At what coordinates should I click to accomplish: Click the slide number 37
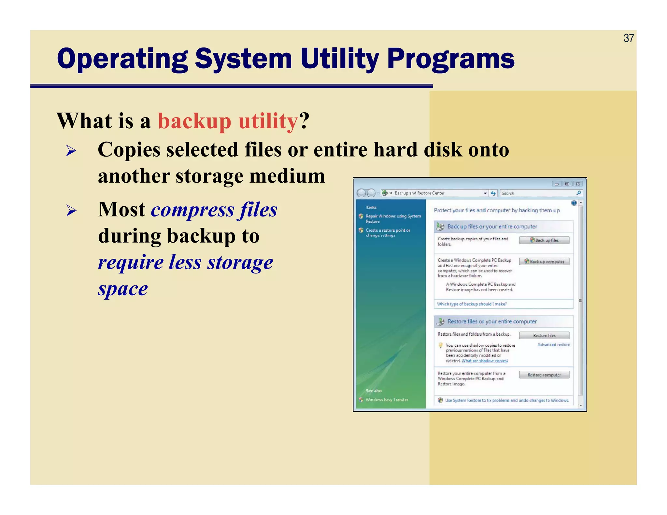(629, 38)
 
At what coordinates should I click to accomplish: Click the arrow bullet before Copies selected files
(71, 151)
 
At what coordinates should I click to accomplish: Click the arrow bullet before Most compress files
(71, 211)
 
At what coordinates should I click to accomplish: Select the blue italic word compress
(192, 210)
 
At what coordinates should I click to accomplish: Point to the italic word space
(123, 289)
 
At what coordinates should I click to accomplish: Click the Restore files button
(544, 335)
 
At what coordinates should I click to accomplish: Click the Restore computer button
(544, 375)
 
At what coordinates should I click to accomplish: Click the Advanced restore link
(553, 344)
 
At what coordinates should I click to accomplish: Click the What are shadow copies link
(485, 361)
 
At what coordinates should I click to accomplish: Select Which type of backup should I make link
(472, 304)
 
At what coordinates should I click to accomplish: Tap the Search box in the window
(537, 193)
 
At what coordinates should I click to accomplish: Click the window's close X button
(578, 184)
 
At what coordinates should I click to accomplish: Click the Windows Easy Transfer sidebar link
(387, 400)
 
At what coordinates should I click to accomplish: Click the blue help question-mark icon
(574, 203)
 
